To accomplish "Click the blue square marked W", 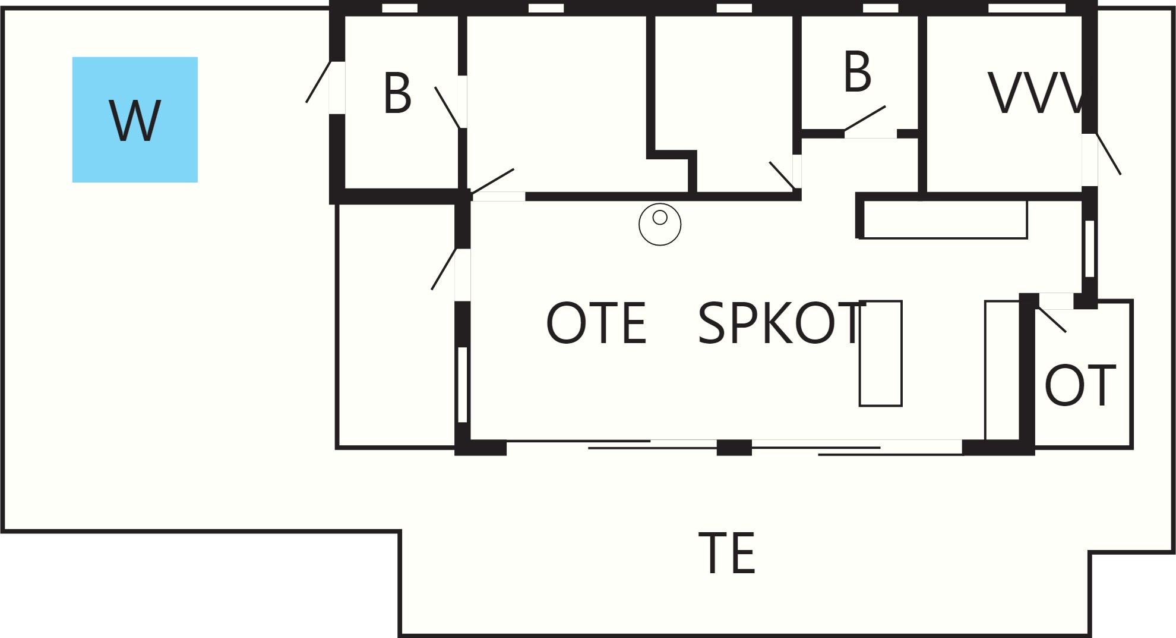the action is [x=135, y=120].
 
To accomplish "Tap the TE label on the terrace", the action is [x=727, y=553].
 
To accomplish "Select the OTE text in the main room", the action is [x=596, y=323].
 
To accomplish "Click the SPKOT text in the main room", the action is [x=780, y=323].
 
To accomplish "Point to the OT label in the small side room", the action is [x=1080, y=385].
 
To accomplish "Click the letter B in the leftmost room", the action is [x=397, y=93].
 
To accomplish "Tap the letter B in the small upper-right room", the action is [x=857, y=72].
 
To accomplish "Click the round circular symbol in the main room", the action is [x=660, y=224].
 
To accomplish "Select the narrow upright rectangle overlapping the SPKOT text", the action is [x=881, y=353].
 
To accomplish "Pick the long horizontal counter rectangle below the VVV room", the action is [x=943, y=219].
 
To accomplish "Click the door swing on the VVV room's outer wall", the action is [x=1108, y=154].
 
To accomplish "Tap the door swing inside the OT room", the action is [x=1052, y=320].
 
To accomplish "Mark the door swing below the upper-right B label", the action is [x=865, y=119].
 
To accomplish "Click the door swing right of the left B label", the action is [x=447, y=108].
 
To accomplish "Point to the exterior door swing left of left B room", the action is [x=318, y=82].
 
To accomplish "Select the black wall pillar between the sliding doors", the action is [x=734, y=447].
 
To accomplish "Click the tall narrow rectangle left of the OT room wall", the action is [x=1003, y=370].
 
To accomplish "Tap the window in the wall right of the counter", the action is [x=1090, y=249].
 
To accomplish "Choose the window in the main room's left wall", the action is [x=463, y=385].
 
